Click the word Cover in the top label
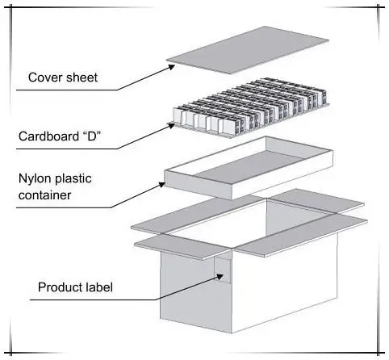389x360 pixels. coord(45,77)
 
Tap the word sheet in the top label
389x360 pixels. coord(82,77)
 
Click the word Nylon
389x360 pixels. coord(35,179)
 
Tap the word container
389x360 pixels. coord(44,195)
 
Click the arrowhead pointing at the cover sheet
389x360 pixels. coord(171,67)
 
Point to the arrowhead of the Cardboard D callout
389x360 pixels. coord(171,125)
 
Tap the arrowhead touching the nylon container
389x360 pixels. coord(161,185)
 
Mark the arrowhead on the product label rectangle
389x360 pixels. coord(220,277)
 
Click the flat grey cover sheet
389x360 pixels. coord(247,50)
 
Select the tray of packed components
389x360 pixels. coord(250,108)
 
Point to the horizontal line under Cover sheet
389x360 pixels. coord(67,90)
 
